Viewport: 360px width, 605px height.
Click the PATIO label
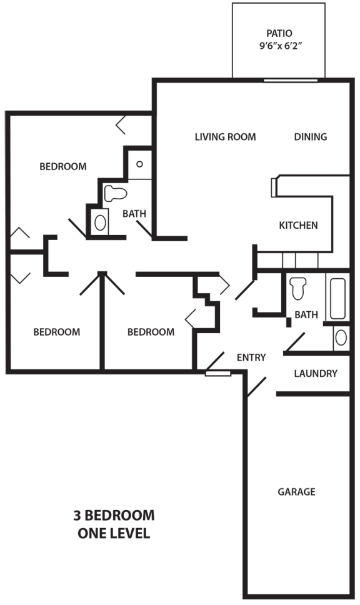(279, 33)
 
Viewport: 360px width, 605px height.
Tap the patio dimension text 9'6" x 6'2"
(280, 46)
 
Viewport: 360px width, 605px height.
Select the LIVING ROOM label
(225, 137)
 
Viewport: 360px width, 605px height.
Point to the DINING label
(310, 137)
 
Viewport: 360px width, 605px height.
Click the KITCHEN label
(298, 225)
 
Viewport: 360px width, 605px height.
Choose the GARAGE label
(296, 491)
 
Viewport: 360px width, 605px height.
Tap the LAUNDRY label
(316, 373)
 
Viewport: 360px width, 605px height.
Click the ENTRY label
(251, 357)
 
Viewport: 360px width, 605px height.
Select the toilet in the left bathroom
(116, 193)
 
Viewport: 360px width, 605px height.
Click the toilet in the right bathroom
(298, 288)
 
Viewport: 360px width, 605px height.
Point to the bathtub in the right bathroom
(337, 298)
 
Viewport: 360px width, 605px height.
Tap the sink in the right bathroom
(341, 337)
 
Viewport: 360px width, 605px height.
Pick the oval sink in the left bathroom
(100, 222)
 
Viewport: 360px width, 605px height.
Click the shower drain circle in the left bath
(139, 164)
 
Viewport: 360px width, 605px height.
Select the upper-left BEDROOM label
(63, 166)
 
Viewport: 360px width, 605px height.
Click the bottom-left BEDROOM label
(57, 332)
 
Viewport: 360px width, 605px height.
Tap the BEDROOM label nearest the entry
(151, 332)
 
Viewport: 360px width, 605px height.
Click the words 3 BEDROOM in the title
(114, 515)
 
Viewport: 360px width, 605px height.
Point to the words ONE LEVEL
(114, 533)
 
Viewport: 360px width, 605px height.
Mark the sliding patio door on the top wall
(291, 80)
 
